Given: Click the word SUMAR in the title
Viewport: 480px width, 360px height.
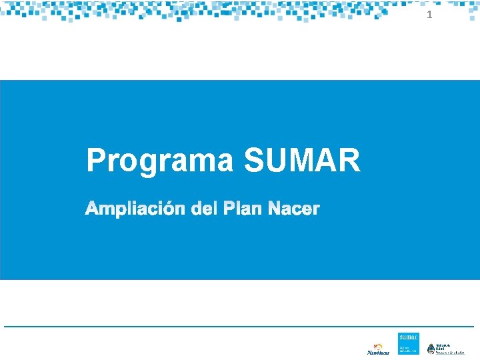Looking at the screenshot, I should coord(302,161).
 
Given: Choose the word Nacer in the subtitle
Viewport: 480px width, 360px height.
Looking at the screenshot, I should coord(293,209).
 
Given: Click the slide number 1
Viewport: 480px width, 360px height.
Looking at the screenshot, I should coord(429,15).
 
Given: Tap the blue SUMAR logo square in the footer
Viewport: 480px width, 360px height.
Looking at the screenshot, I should coord(408,343).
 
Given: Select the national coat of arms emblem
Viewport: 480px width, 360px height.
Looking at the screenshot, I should coord(431,349).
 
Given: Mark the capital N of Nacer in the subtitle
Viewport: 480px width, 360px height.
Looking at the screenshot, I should coord(273,209).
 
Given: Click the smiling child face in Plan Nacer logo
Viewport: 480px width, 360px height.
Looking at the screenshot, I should coord(377,345).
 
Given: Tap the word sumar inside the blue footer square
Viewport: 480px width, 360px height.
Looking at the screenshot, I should coord(408,338).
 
